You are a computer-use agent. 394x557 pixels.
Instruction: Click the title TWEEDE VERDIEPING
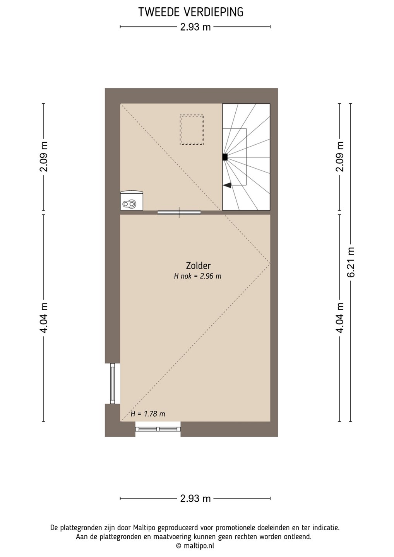point(191,12)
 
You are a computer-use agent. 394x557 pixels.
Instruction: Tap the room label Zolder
point(198,266)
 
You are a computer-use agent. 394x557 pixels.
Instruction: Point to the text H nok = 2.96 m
point(197,276)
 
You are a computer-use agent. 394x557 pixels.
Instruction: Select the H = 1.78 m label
point(148,414)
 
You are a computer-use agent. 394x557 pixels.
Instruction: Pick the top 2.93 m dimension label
point(195,27)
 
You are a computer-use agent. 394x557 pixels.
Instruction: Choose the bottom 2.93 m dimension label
point(195,498)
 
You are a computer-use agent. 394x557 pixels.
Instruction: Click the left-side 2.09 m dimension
point(44,157)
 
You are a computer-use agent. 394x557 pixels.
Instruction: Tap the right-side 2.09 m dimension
point(339,157)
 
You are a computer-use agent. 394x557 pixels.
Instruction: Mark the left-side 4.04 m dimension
point(44,318)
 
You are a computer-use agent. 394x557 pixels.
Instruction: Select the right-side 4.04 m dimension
point(339,318)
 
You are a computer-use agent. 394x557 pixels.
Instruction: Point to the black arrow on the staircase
point(227,185)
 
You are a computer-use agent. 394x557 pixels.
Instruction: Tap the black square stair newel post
point(225,157)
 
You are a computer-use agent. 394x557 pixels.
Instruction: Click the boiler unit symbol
point(132,200)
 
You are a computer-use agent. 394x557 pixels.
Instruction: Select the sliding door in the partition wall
point(179,213)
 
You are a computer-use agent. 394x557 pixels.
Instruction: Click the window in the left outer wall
point(113,383)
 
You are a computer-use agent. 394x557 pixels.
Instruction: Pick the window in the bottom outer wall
point(158,429)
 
